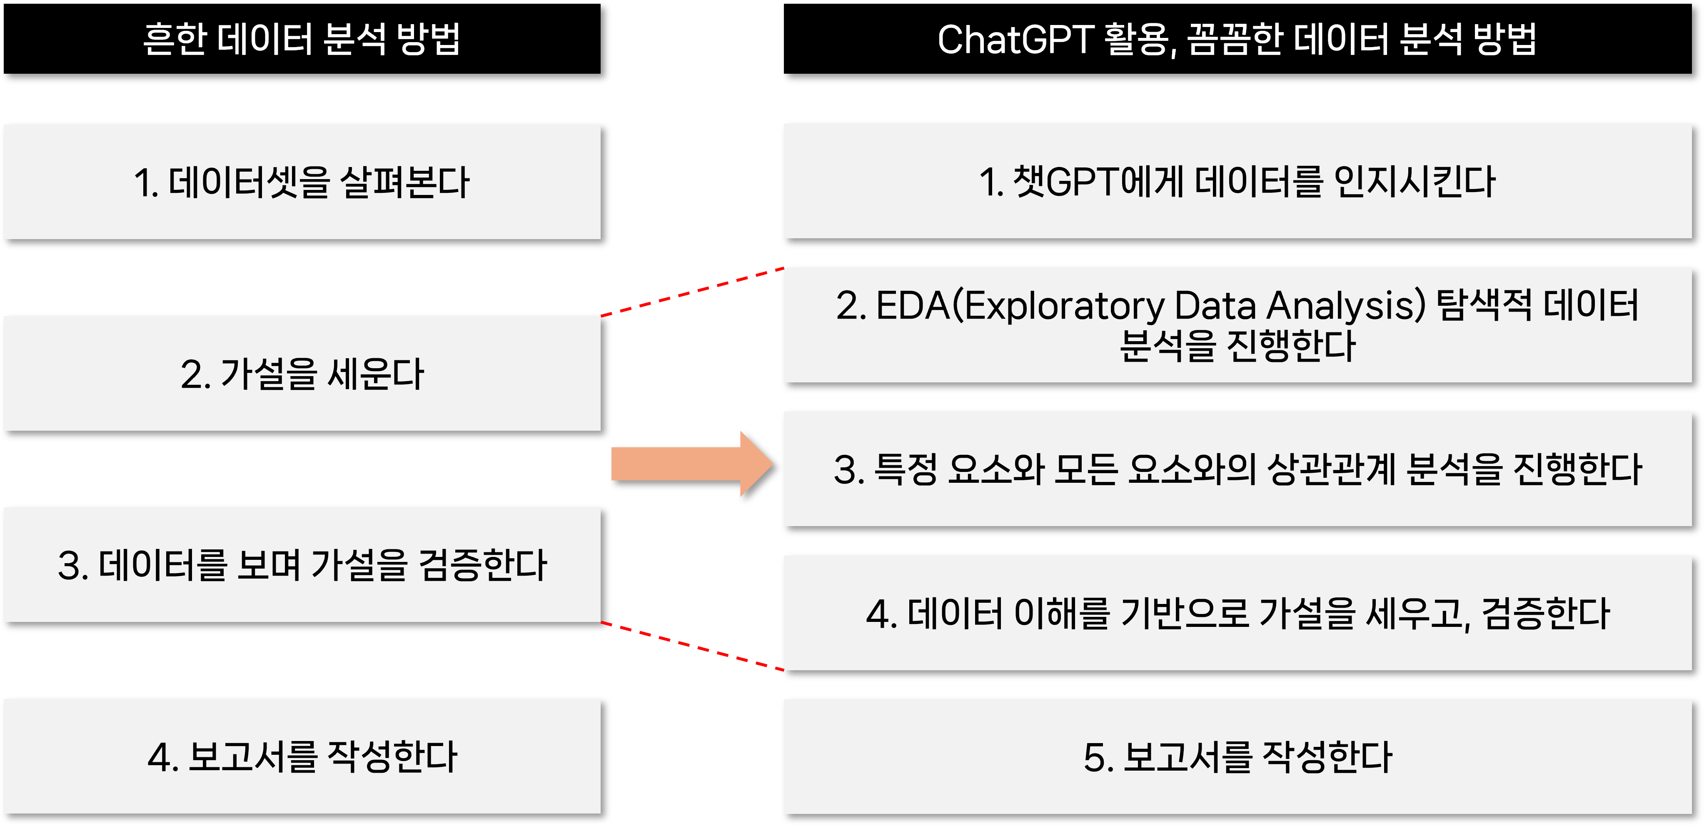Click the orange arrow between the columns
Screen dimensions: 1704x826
692,464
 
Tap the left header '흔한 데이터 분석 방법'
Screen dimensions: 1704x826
302,38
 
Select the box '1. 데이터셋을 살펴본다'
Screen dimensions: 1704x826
302,182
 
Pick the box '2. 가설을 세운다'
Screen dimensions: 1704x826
302,374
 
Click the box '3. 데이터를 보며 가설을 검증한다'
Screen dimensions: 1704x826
302,565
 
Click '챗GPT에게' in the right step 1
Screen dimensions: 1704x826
1098,182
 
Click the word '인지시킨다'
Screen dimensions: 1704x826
1414,182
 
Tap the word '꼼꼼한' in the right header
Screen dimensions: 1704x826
1234,39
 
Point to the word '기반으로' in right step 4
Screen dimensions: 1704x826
1185,613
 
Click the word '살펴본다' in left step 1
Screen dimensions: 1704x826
405,182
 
